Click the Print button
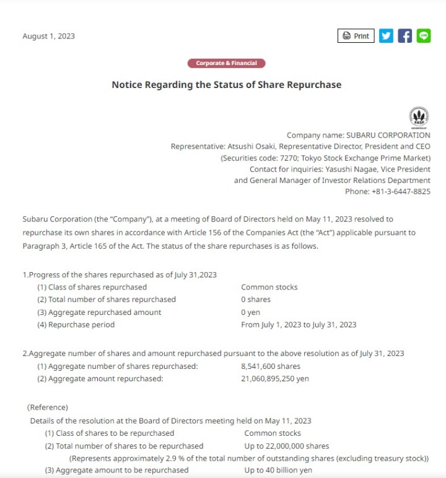[x=356, y=36]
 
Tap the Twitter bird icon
[x=386, y=36]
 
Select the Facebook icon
[x=404, y=36]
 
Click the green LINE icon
[x=424, y=36]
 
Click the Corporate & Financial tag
[x=226, y=63]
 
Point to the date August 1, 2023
[x=48, y=36]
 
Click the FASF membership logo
[x=419, y=117]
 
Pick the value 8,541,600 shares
[x=271, y=366]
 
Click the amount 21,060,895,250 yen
[x=274, y=379]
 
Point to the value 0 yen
[x=250, y=312]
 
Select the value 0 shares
[x=256, y=299]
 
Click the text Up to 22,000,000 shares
[x=287, y=446]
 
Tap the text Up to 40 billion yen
[x=278, y=471]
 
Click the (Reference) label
[x=47, y=407]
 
